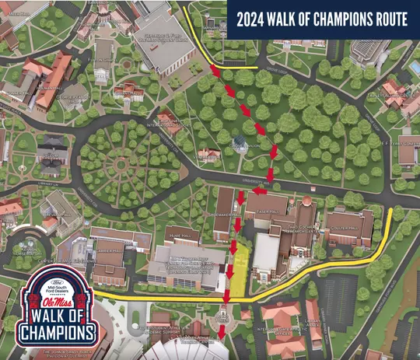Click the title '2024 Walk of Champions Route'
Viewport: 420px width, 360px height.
coord(323,19)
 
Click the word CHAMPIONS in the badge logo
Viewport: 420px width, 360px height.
coord(60,334)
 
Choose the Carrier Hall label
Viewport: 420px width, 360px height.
coord(108,253)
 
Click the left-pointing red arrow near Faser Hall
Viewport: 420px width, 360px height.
coord(258,190)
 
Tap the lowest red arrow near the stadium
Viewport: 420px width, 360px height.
coord(223,332)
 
